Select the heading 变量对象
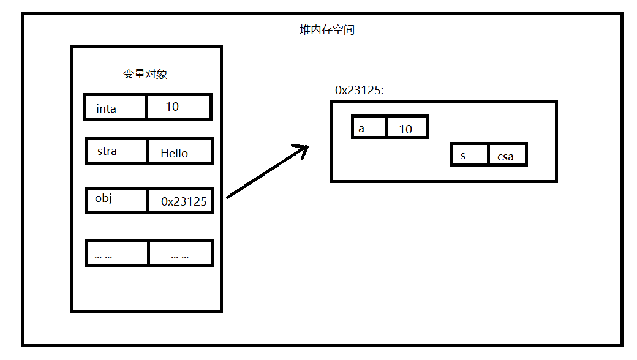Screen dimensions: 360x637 point(145,74)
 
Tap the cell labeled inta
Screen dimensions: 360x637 point(116,108)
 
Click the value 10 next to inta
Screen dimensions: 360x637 point(178,107)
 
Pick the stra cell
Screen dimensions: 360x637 point(117,151)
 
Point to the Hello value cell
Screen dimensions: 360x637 point(179,152)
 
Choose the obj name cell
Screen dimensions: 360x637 point(117,200)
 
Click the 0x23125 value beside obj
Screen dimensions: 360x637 point(180,201)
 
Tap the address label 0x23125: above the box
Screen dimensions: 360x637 point(360,90)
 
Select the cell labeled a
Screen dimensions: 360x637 point(369,127)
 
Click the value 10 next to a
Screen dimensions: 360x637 point(406,128)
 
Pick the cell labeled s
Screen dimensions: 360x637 point(470,155)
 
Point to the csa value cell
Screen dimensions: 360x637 point(507,156)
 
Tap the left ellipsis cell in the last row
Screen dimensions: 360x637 point(117,253)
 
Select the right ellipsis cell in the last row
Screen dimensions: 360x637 point(180,253)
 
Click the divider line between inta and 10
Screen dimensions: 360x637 point(147,107)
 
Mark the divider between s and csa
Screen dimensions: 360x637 point(488,155)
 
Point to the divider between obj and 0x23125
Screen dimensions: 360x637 point(148,200)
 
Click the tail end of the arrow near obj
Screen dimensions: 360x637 point(228,197)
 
